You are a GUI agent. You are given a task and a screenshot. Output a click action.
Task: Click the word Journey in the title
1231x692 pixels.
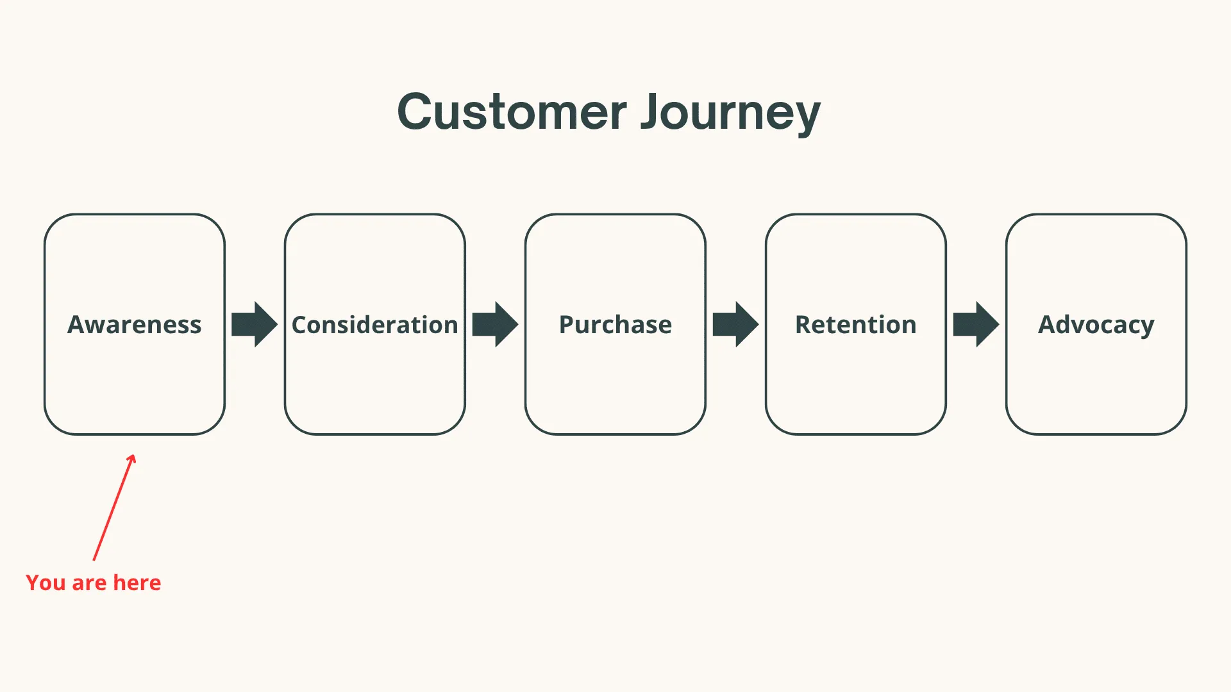[730, 112]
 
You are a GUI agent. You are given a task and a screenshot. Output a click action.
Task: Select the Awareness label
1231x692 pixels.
[135, 325]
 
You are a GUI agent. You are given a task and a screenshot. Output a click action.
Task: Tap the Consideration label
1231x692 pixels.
[374, 325]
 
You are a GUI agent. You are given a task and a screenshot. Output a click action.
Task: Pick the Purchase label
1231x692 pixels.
[615, 325]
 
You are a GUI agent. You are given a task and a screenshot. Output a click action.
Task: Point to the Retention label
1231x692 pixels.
[855, 325]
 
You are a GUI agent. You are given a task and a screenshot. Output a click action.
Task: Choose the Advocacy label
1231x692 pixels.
[1096, 325]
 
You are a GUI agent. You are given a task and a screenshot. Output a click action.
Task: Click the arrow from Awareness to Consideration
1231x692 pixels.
[255, 324]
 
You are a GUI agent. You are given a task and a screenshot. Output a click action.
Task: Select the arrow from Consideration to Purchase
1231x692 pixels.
[495, 324]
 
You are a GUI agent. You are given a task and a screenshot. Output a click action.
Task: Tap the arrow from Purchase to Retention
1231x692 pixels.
[735, 324]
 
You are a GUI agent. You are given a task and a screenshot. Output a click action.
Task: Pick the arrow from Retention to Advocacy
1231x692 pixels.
[976, 324]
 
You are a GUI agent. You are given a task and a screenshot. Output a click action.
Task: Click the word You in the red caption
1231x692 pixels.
[46, 583]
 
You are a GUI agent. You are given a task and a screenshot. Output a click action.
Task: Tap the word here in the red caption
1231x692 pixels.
[137, 583]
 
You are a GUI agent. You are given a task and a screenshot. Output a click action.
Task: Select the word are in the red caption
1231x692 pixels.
[89, 583]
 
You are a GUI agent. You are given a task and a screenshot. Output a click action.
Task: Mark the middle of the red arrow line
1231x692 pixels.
[113, 508]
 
